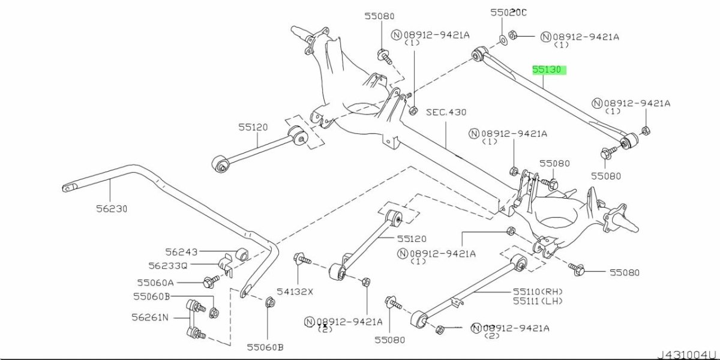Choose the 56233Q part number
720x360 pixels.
click(x=168, y=265)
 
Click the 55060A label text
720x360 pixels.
click(x=155, y=282)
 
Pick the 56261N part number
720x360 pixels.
click(x=151, y=317)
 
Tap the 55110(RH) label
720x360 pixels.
click(x=538, y=291)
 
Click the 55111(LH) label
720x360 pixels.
click(x=538, y=300)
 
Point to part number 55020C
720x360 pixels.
click(x=508, y=12)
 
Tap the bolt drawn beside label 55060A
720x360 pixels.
click(x=211, y=281)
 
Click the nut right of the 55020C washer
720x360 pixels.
click(x=514, y=35)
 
